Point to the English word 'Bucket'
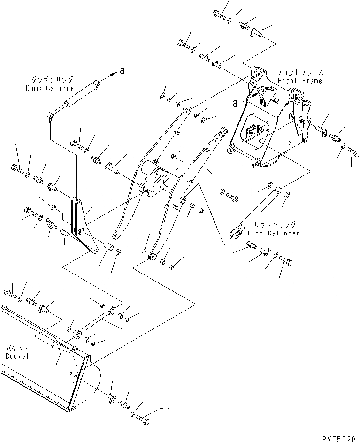tap(17, 356)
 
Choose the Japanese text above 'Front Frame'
tap(300, 73)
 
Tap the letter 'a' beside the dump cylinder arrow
tap(122, 71)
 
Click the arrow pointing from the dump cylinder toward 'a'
tap(110, 75)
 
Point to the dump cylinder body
tap(75, 99)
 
